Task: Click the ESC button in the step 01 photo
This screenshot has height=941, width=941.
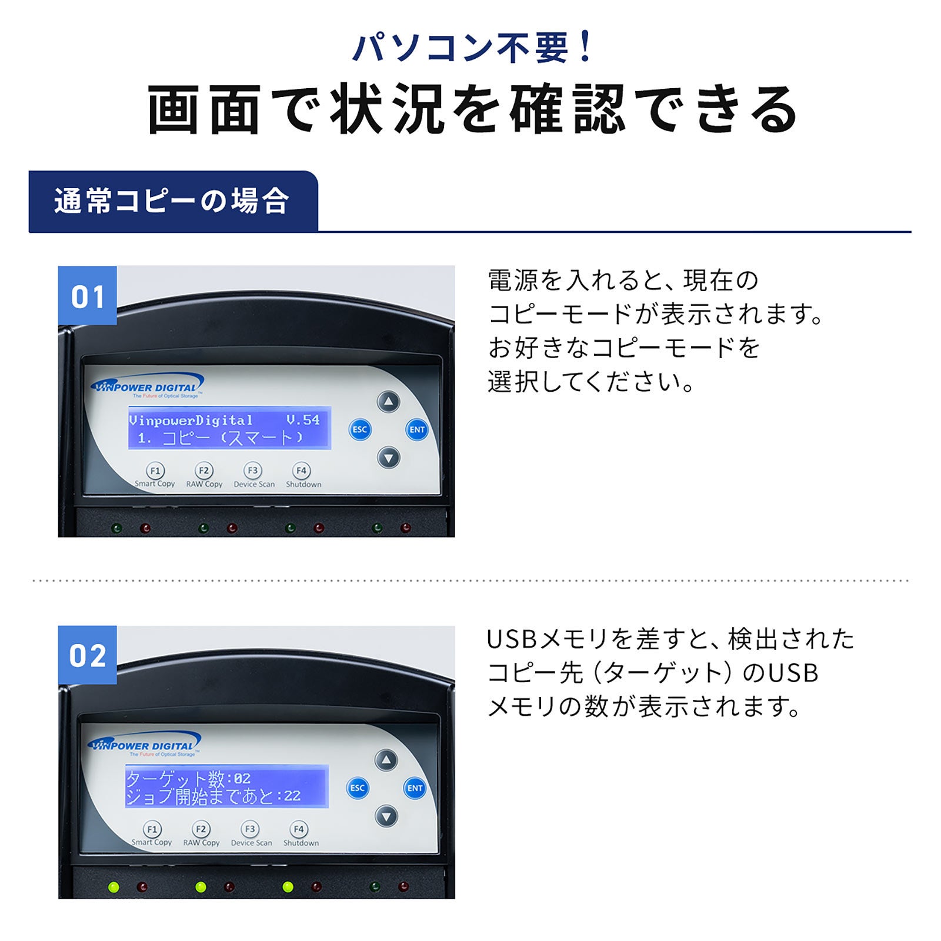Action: tap(360, 429)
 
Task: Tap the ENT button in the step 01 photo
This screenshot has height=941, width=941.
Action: tap(417, 429)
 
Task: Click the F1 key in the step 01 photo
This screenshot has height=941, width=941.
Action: tap(155, 470)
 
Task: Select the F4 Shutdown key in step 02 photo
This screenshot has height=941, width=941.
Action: tap(299, 829)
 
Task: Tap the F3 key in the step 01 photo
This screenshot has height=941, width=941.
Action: tap(253, 470)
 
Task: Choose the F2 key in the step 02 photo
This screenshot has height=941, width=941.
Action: tap(201, 829)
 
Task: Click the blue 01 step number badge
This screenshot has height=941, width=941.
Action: tap(87, 295)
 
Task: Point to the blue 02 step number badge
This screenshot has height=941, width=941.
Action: tap(87, 655)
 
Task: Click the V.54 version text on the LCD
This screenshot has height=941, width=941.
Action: tap(303, 420)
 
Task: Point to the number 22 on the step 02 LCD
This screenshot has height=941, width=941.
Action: tap(292, 796)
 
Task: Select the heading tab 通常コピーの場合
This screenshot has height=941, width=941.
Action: tap(173, 201)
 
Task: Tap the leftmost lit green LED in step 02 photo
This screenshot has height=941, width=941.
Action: tap(114, 887)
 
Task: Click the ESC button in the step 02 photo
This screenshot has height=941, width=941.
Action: tap(358, 788)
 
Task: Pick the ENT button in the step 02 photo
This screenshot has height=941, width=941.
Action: tap(415, 788)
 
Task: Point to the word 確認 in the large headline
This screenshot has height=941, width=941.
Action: tap(568, 109)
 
